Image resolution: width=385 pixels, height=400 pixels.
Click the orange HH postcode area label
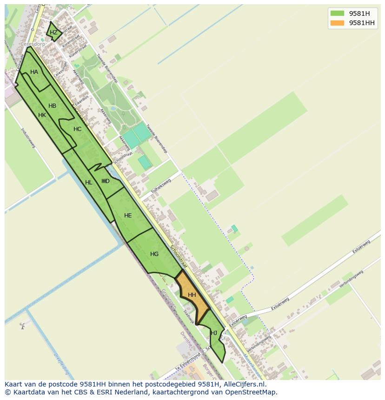(192, 295)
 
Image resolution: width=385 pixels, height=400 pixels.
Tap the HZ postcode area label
(54, 33)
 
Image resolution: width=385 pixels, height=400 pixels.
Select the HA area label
(34, 72)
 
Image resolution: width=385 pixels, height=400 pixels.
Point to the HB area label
(52, 106)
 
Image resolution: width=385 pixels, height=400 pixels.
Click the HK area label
(42, 115)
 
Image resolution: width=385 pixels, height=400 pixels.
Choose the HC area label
(77, 129)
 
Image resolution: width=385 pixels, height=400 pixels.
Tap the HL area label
(89, 183)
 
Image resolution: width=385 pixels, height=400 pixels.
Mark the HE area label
(128, 216)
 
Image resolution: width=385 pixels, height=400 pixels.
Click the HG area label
(154, 254)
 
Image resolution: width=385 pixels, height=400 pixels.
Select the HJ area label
(214, 333)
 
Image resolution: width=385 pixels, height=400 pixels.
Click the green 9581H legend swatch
(337, 13)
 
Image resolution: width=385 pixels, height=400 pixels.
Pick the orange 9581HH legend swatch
(337, 23)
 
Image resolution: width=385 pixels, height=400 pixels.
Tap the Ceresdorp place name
(33, 45)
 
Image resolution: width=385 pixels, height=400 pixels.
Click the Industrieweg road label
(28, 138)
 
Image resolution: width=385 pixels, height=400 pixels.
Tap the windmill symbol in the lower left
(22, 326)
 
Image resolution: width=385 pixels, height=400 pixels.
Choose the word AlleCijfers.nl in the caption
(243, 384)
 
